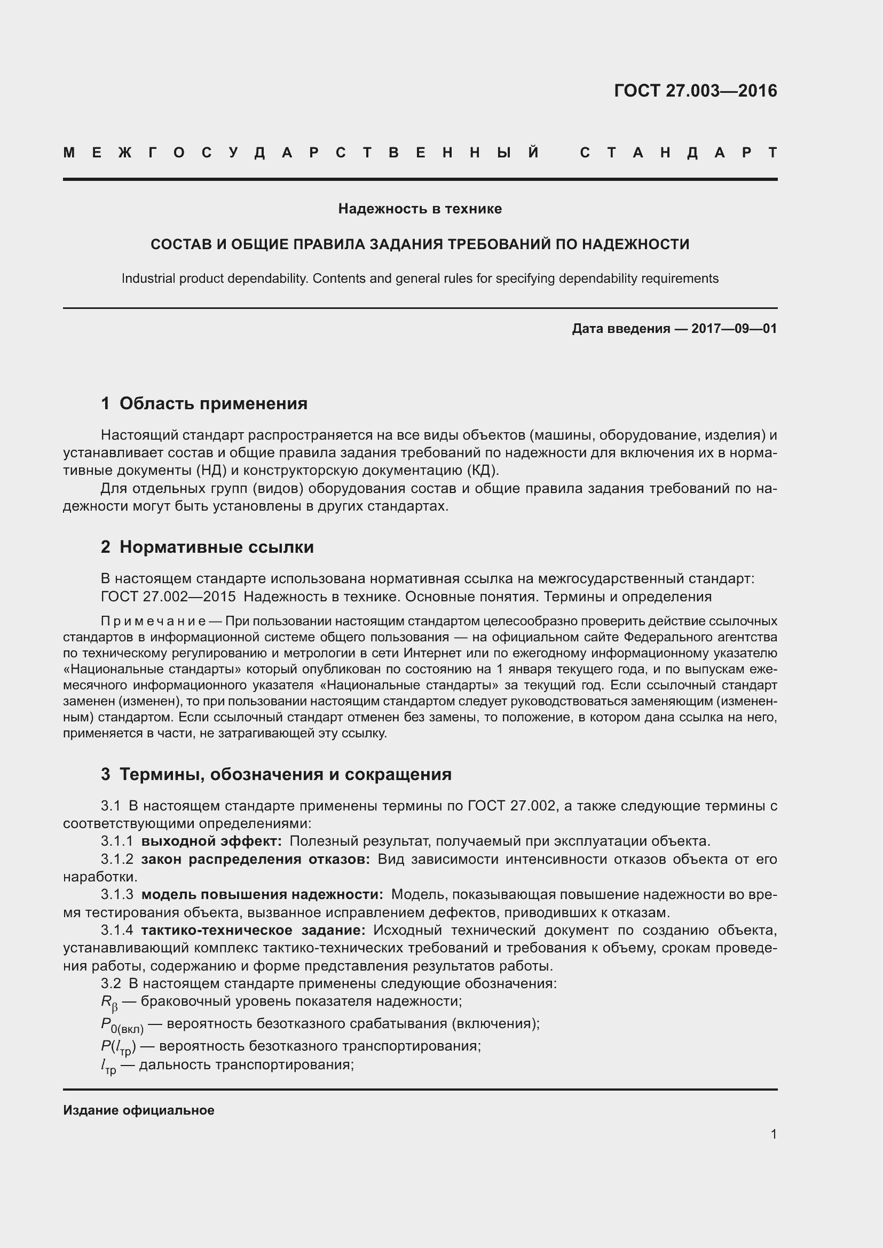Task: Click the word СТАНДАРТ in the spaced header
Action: click(678, 153)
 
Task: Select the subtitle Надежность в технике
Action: click(420, 209)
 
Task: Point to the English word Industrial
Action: click(148, 279)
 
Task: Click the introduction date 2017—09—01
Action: click(734, 329)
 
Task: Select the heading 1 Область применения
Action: click(204, 403)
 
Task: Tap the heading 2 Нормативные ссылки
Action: click(207, 547)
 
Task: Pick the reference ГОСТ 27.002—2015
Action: click(168, 597)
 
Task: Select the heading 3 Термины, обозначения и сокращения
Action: click(276, 774)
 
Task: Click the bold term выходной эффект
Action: click(211, 841)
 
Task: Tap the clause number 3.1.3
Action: click(117, 895)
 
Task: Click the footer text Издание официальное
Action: click(139, 1110)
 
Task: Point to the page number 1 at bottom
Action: click(774, 1134)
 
